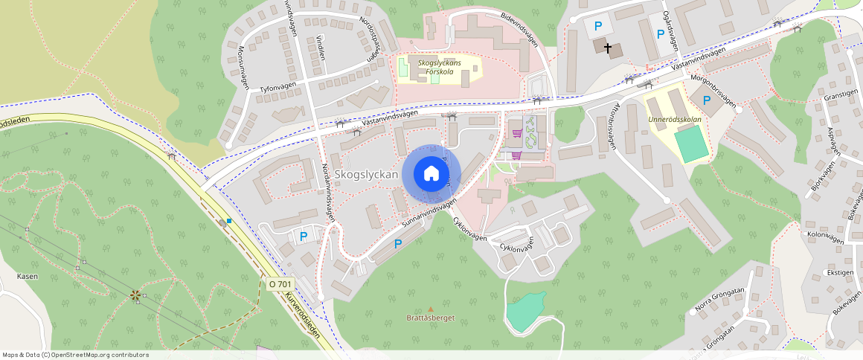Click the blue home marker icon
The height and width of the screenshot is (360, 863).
[x=431, y=174]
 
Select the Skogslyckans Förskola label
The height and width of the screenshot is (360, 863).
[x=439, y=67]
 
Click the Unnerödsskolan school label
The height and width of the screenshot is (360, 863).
[x=674, y=120]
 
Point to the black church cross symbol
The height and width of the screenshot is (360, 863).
[x=609, y=48]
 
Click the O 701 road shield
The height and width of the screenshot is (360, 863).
[x=280, y=284]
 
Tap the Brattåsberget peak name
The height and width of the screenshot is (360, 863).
[x=430, y=318]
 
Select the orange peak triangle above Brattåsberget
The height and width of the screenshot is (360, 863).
[x=430, y=309]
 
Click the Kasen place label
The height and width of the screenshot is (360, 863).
[x=28, y=276]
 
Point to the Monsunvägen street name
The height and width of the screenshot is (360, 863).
[x=243, y=68]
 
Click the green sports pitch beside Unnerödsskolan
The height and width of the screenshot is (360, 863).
[x=693, y=144]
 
